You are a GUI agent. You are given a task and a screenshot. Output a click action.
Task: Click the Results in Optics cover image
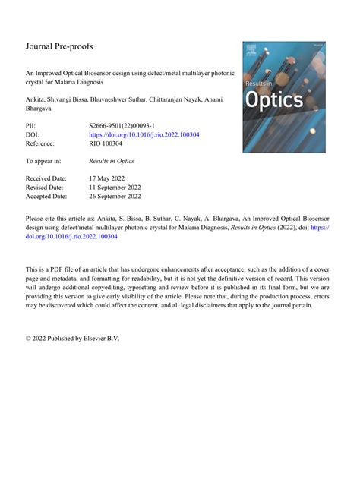(283, 86)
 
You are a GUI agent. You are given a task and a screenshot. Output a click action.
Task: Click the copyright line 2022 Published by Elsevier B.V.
(73, 337)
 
